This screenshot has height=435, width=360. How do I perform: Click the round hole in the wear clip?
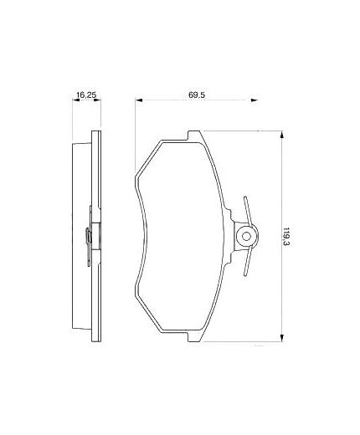[x=244, y=237]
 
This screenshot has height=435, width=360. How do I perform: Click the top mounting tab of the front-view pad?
[x=195, y=135]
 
